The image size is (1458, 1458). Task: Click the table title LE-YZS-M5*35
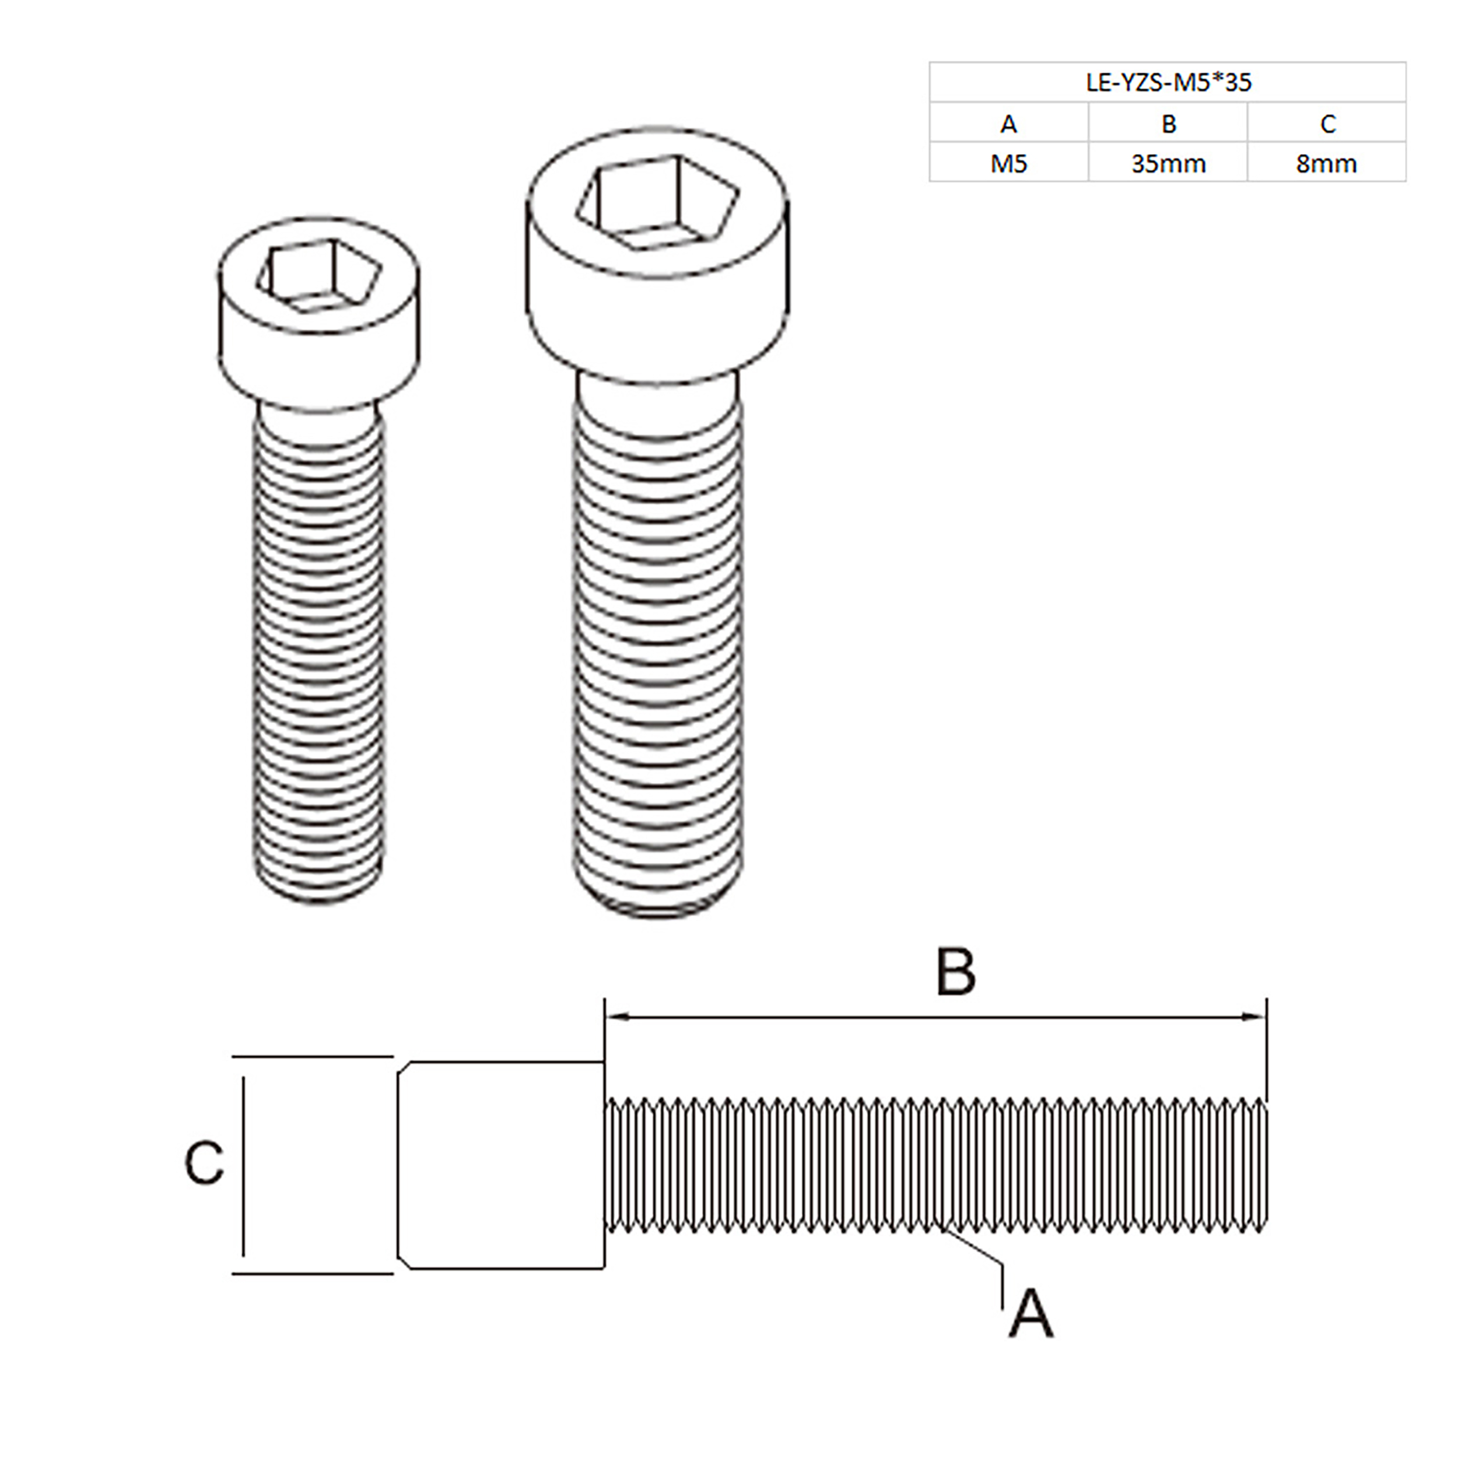1168,82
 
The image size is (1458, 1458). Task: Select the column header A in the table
1008,124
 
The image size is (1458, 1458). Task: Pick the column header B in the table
1168,124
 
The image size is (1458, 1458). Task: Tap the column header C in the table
1327,124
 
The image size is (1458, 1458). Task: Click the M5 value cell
1008,164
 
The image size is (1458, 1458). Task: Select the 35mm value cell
1168,164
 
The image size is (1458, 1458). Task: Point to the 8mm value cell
1326,164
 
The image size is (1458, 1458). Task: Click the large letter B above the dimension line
955,972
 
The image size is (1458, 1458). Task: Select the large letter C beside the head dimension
204,1163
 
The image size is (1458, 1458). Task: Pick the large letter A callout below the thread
1031,1313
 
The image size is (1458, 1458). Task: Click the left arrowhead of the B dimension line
613,1017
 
